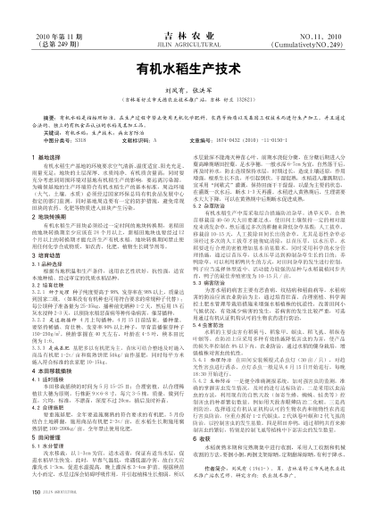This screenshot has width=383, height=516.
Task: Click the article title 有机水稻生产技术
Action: (191, 66)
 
